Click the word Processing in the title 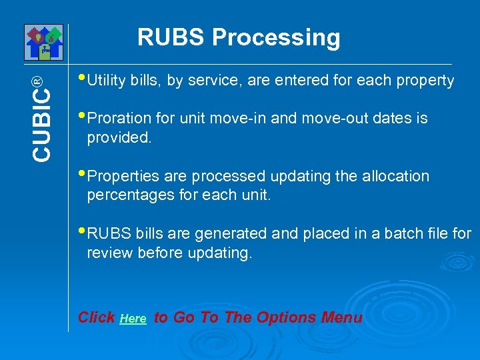click(x=276, y=39)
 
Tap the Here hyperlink click(x=133, y=319)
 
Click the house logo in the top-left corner click(x=43, y=42)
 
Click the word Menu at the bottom click(x=341, y=317)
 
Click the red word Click click(x=96, y=317)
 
